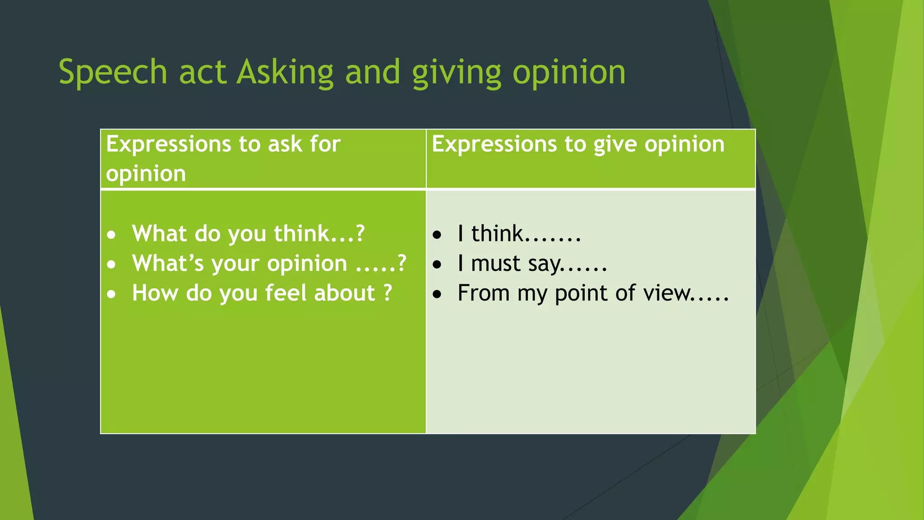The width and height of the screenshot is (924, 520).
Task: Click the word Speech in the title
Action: (x=113, y=72)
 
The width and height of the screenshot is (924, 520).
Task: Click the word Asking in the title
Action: (x=285, y=72)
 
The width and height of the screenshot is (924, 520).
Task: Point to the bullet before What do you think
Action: (x=111, y=235)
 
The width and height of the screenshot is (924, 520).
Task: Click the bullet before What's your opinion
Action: (x=111, y=265)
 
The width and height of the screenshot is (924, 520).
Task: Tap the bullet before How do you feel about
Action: (x=111, y=294)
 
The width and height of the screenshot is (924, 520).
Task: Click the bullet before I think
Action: (x=437, y=235)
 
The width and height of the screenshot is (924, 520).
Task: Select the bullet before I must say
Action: (x=437, y=265)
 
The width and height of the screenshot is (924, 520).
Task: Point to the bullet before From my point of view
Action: (x=437, y=294)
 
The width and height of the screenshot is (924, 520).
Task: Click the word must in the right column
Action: (x=495, y=263)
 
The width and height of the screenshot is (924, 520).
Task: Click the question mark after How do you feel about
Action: (x=388, y=293)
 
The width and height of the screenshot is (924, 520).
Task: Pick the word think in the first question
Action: (x=301, y=234)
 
